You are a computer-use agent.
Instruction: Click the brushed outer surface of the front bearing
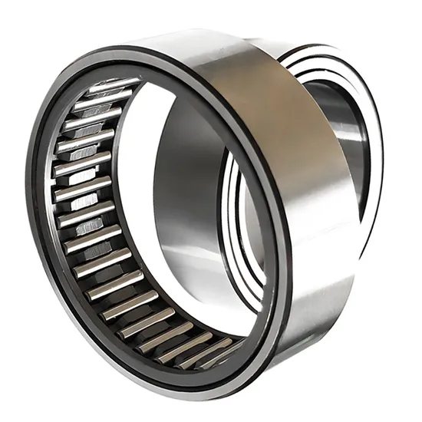coord(307,230)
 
